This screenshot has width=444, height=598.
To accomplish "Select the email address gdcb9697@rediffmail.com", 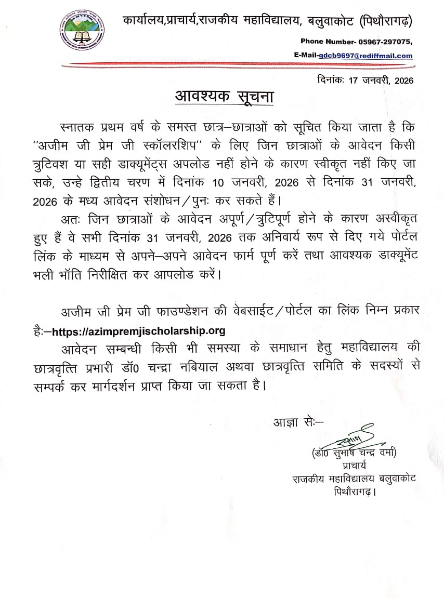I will pos(365,56).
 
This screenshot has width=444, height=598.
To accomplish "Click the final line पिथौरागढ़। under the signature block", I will pos(355,491).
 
